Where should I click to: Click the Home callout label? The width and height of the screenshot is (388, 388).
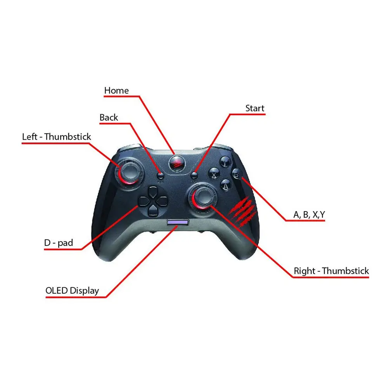coord(116,90)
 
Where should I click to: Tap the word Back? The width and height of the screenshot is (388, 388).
coord(109,118)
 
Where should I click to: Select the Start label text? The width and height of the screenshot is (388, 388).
coord(255,108)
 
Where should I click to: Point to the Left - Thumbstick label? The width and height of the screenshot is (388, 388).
coord(57,137)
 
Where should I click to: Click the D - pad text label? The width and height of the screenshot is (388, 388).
coord(59,243)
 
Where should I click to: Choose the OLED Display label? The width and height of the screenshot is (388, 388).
coord(72,291)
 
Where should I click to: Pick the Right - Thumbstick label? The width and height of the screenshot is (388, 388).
coord(331,271)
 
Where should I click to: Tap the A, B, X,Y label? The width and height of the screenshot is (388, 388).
coord(309,215)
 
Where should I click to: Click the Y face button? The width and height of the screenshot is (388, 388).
coord(225,161)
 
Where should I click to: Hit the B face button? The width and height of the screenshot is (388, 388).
coord(236,173)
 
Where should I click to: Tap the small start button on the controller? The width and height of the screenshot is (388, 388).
coord(195,175)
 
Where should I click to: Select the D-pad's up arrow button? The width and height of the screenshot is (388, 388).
coord(153,191)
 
